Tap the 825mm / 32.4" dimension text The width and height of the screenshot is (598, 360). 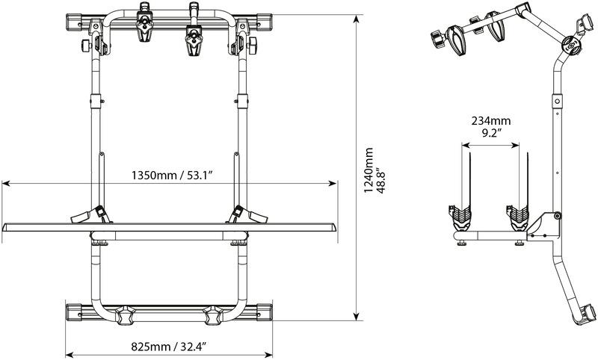(x=169, y=347)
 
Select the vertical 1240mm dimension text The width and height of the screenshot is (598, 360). (x=369, y=170)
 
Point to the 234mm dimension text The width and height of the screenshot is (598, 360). (x=491, y=121)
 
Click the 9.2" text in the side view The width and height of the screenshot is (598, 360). (x=491, y=133)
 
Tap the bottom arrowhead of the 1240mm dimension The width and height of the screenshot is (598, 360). (x=357, y=316)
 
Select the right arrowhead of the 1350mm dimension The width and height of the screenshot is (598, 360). (x=332, y=184)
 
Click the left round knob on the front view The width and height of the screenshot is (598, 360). (x=86, y=46)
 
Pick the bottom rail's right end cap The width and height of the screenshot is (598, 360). (x=265, y=312)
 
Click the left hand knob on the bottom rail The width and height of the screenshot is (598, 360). (x=124, y=314)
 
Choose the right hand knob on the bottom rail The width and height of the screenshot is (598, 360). (x=213, y=314)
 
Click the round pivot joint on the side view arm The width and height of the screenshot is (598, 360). (x=570, y=46)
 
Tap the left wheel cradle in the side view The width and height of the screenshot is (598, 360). (x=460, y=217)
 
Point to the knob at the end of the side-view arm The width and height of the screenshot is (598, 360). (x=436, y=40)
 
